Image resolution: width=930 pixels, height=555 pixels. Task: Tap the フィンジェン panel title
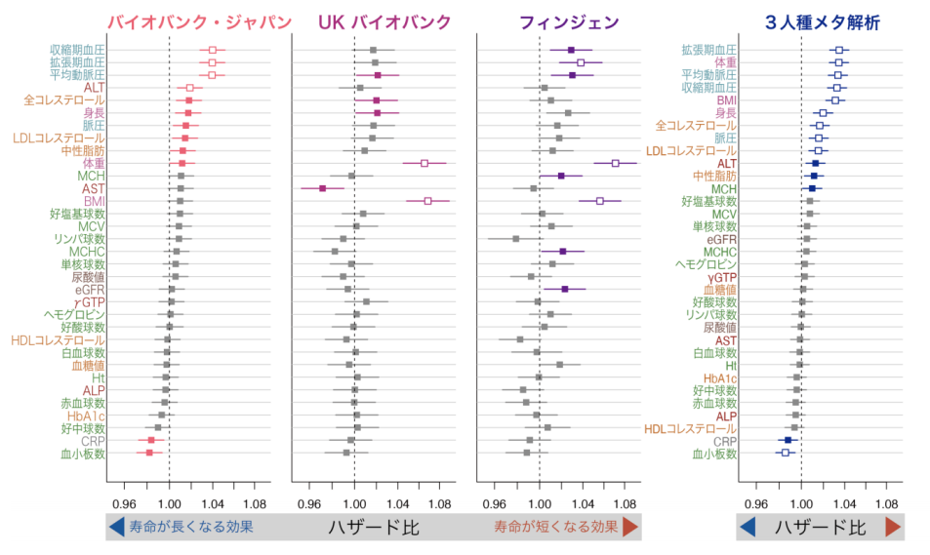[x=557, y=21]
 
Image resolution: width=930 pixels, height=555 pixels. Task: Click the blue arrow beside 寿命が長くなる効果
[x=116, y=527]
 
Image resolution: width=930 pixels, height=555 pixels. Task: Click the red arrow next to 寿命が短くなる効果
[x=630, y=527]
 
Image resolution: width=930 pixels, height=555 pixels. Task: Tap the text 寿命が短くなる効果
[x=554, y=527]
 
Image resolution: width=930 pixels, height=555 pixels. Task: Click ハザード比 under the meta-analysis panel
[x=820, y=527]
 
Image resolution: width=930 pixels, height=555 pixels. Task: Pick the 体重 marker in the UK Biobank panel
[x=425, y=163]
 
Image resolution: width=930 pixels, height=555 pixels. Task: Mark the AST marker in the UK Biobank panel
[x=322, y=188]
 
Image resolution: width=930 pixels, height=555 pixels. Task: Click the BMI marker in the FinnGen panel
[x=600, y=201]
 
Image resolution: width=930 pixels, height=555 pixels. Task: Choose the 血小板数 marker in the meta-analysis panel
[x=785, y=453]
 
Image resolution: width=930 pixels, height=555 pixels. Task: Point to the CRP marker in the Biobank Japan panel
[x=150, y=440]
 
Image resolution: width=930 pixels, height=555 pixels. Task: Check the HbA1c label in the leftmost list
[x=86, y=416]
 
